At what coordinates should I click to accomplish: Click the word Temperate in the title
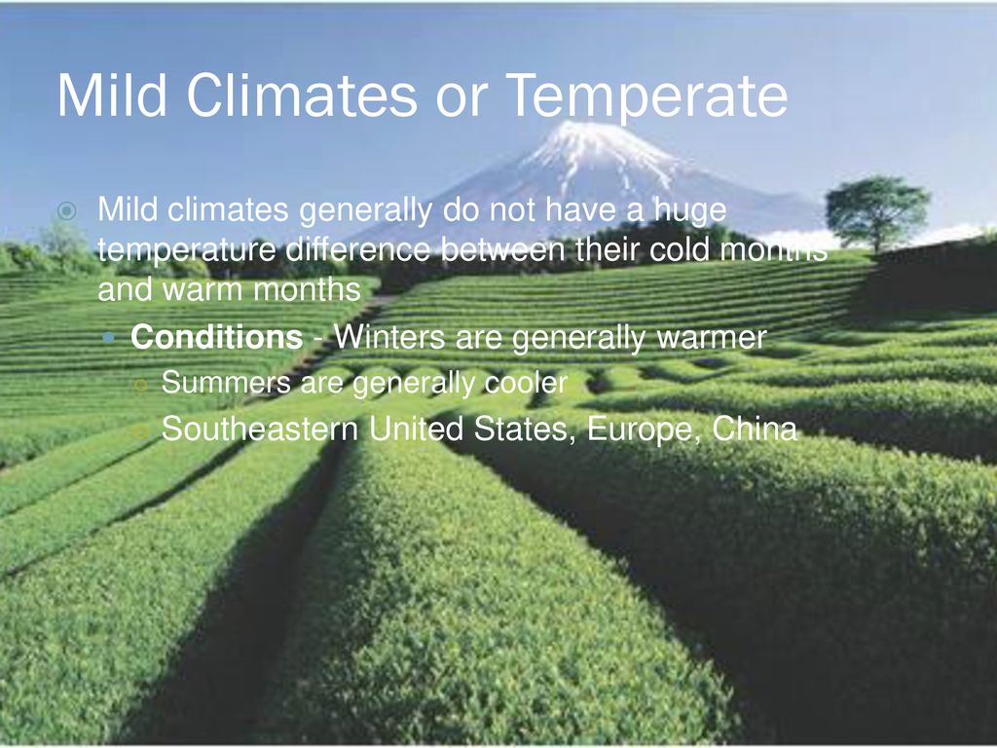click(x=647, y=96)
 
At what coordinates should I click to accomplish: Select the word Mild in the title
click(x=104, y=96)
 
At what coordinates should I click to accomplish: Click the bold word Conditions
click(x=216, y=338)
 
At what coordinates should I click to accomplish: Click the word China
click(x=756, y=429)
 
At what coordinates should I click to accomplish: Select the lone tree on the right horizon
click(x=876, y=209)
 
